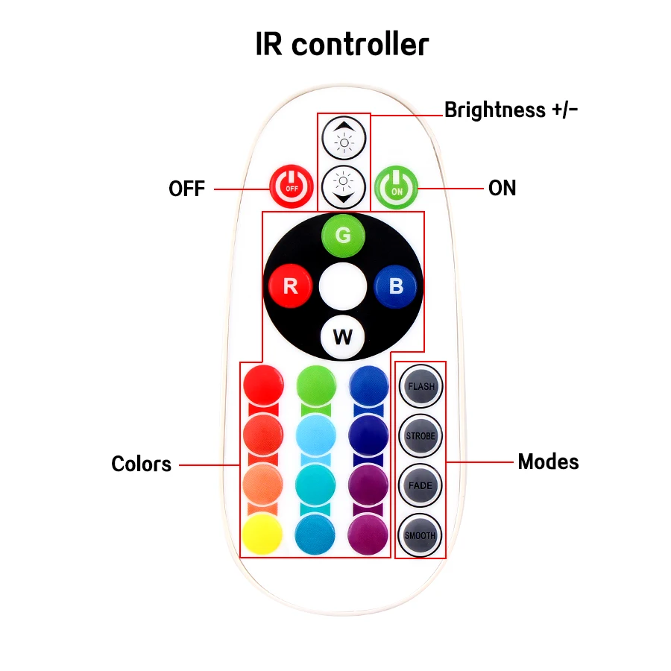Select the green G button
pos(343,236)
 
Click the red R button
pos(291,286)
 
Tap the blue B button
pos(396,286)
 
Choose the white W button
pos(343,336)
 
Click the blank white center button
pos(343,286)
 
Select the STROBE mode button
pos(420,436)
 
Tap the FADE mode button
pos(420,485)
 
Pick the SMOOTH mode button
pos(420,535)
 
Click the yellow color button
pos(262,534)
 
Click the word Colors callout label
pos(141,464)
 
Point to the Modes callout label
pos(548,461)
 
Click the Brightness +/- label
pos(511,110)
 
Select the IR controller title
pos(342,45)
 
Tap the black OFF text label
pos(186,189)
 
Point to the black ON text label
pos(502,188)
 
